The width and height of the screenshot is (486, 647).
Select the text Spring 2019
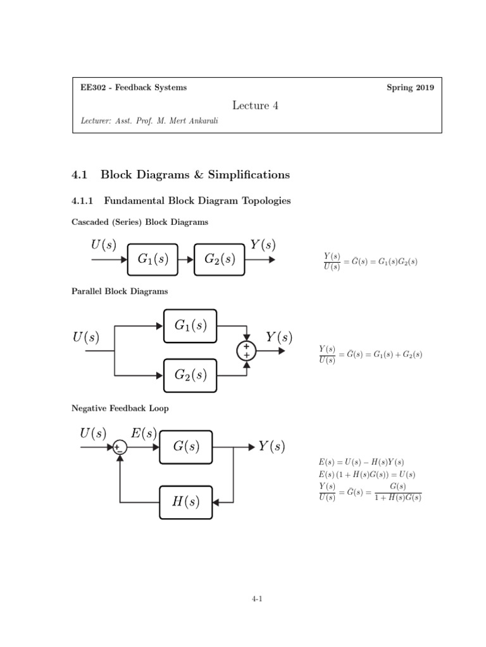pyautogui.click(x=410, y=88)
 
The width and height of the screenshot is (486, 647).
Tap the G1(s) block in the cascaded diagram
pyautogui.click(x=153, y=258)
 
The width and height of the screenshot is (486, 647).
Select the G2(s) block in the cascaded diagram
pyautogui.click(x=220, y=258)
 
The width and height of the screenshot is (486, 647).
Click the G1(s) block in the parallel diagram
pyautogui.click(x=190, y=325)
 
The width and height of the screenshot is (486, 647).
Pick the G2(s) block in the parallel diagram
pyautogui.click(x=190, y=375)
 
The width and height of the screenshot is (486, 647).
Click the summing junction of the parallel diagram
pyautogui.click(x=246, y=351)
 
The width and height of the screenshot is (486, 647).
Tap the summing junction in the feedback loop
pyautogui.click(x=119, y=447)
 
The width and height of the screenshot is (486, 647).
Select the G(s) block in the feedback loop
pyautogui.click(x=186, y=447)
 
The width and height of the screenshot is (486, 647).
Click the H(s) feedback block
pyautogui.click(x=186, y=502)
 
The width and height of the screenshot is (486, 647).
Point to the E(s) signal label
pyautogui.click(x=144, y=433)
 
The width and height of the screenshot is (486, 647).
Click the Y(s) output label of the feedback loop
pyautogui.click(x=271, y=447)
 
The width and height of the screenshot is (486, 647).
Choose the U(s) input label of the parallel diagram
pyautogui.click(x=86, y=338)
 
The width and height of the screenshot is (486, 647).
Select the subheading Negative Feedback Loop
pyautogui.click(x=120, y=409)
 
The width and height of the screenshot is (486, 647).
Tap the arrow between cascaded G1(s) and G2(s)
pyautogui.click(x=186, y=258)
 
